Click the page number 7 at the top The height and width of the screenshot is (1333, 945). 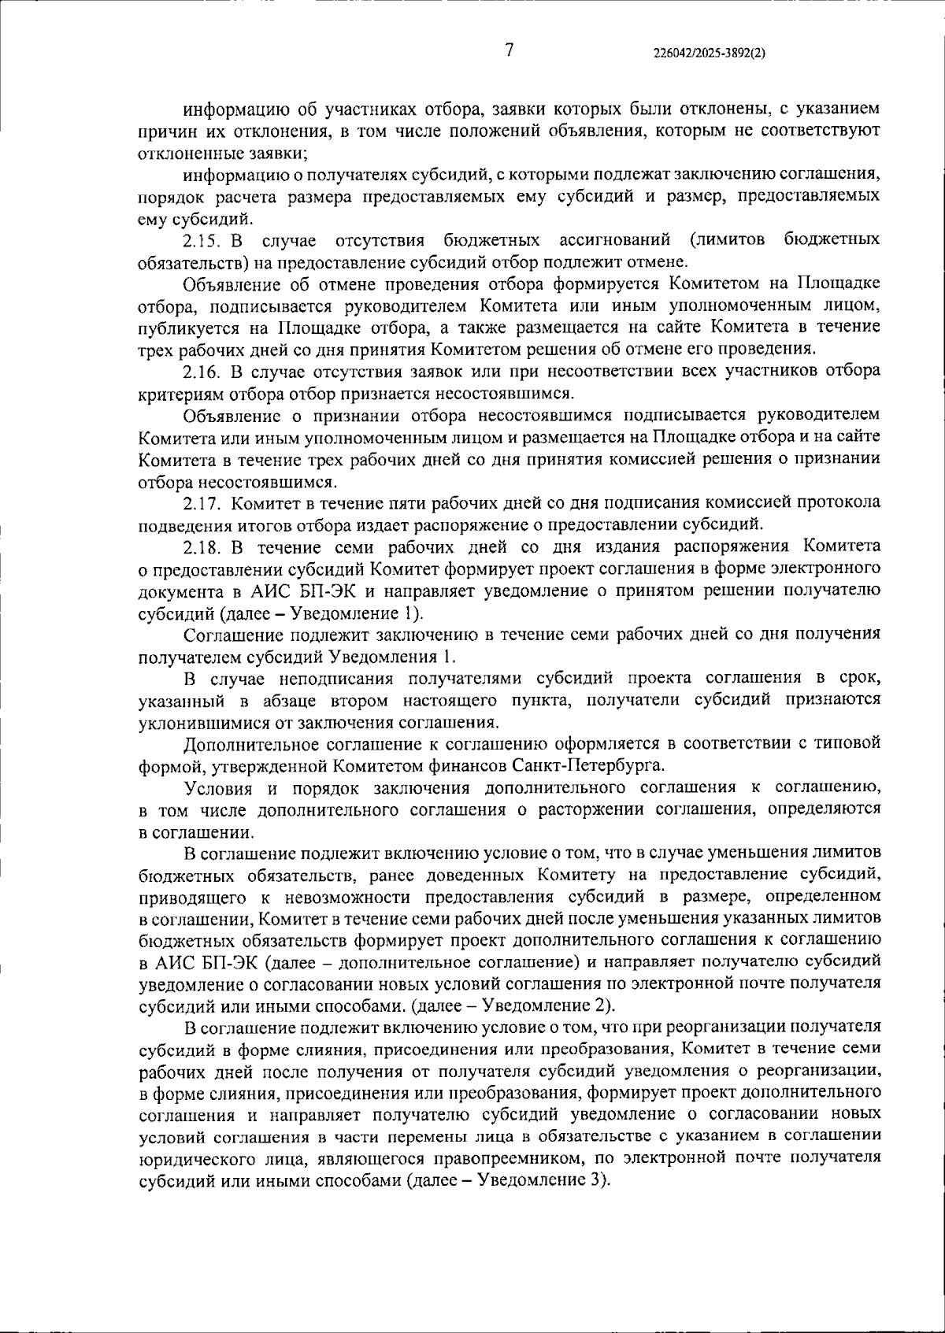pyautogui.click(x=510, y=50)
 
